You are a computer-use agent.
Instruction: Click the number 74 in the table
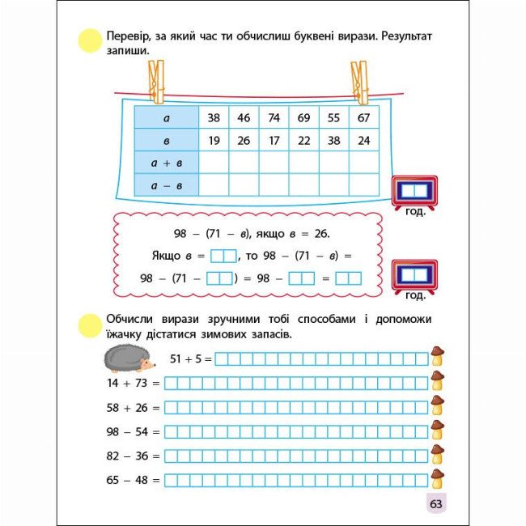click(274, 118)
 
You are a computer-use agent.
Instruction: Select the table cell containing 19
click(214, 141)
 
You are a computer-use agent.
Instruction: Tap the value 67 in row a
click(363, 118)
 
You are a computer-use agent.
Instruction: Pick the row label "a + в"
click(167, 163)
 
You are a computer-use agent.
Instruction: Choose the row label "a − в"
click(167, 185)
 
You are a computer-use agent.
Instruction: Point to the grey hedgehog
click(129, 357)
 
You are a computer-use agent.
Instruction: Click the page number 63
click(435, 503)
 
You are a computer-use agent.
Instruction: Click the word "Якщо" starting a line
click(168, 256)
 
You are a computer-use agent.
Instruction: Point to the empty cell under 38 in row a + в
click(214, 163)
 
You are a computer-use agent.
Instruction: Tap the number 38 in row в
click(333, 141)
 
